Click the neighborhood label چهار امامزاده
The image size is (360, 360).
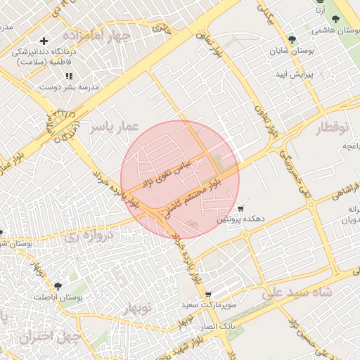click(95, 34)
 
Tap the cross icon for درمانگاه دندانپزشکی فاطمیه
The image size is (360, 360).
click(44, 42)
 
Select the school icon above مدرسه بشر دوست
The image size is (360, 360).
click(69, 75)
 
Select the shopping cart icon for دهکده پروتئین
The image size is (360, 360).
click(240, 209)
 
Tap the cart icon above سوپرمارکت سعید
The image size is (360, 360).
click(208, 295)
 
